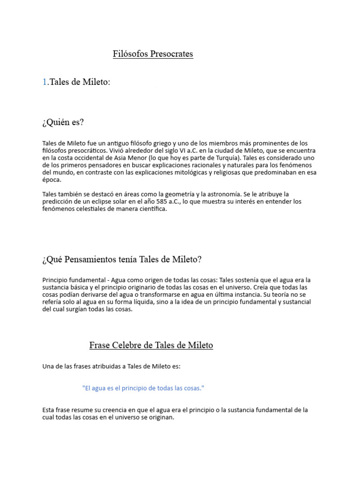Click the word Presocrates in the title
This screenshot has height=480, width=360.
[x=172, y=54]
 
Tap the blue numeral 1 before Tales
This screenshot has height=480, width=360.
[x=45, y=82]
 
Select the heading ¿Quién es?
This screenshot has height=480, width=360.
[x=63, y=122]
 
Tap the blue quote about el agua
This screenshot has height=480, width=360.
[x=143, y=388]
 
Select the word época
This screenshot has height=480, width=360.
[x=51, y=180]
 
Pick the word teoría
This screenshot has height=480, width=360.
[x=286, y=294]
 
